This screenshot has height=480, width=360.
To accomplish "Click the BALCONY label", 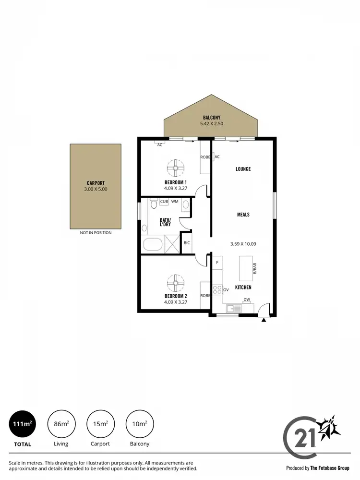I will pos(212,118).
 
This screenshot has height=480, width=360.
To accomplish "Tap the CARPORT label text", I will pos(96,183).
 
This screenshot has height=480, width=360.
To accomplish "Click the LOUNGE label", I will pos(243,169).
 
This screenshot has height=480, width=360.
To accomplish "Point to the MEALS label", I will pos(243,215).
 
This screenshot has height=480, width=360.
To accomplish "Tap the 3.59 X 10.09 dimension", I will pos(243,244).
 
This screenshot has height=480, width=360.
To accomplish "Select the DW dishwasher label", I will pos(246,300).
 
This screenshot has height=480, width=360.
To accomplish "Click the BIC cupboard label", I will pos(187,243).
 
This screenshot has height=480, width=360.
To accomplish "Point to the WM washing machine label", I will pos(175,202).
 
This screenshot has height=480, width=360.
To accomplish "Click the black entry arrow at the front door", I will pos(264,320).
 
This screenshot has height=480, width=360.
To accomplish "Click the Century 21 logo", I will pos(312,435).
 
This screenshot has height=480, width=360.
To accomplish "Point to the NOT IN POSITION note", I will pos(96,233).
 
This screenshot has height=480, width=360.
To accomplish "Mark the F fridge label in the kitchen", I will pos(217,263).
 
